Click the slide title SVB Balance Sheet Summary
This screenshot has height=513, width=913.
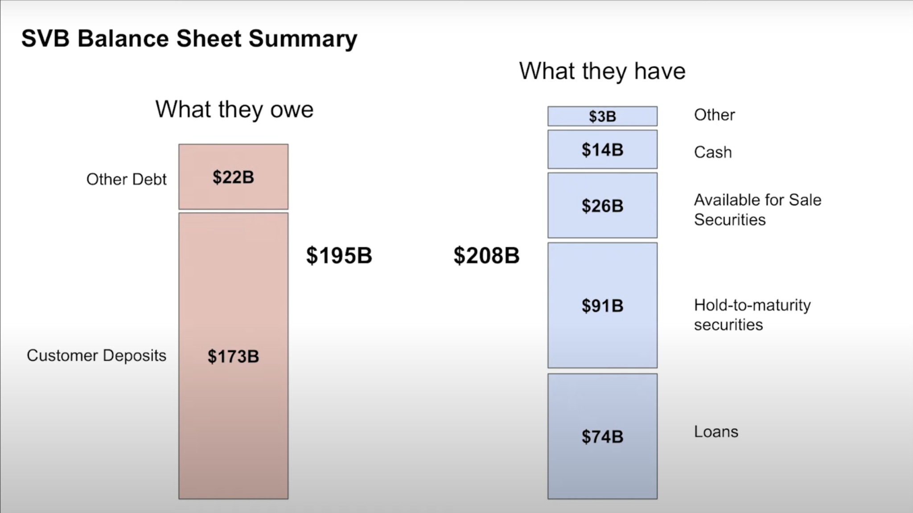[x=189, y=39]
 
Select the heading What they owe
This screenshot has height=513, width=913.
[x=234, y=110]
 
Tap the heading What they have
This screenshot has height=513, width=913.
[x=602, y=71]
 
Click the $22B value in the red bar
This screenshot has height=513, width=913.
[x=233, y=177]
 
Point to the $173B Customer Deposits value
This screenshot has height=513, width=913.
[x=233, y=357]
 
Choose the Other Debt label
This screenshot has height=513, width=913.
[x=126, y=179]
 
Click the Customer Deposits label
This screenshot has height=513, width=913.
[x=96, y=356]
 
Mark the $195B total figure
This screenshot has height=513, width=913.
[x=339, y=256]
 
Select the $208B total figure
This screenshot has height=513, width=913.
[x=486, y=256]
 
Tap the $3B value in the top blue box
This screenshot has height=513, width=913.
[x=602, y=116]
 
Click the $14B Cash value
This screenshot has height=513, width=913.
[x=602, y=150]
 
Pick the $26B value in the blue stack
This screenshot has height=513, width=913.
[x=602, y=206]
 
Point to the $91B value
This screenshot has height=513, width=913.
[x=602, y=306]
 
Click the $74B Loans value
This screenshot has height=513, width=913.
[x=602, y=437]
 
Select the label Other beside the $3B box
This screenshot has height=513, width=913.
[x=714, y=115]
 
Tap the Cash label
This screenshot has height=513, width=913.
[x=713, y=152]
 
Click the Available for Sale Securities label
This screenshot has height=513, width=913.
[x=757, y=209]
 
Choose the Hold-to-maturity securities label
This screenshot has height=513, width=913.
[x=753, y=315]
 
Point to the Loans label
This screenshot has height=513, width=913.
[x=716, y=431]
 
